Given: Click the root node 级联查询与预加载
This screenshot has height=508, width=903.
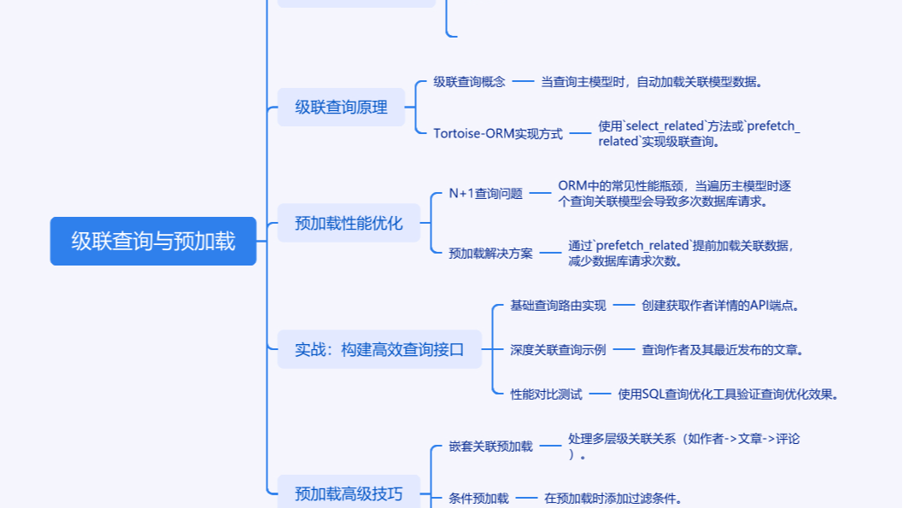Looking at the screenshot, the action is click(153, 242).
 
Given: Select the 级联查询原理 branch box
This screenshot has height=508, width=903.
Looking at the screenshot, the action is click(341, 108).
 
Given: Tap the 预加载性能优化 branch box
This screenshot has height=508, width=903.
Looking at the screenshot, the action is click(349, 223).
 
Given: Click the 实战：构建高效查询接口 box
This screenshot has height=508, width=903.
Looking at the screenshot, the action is click(379, 349).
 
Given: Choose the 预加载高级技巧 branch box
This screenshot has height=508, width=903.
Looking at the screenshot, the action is click(348, 493).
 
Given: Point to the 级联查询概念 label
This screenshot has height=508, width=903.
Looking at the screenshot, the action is click(469, 82).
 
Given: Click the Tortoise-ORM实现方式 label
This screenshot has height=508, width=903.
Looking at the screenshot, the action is click(498, 133).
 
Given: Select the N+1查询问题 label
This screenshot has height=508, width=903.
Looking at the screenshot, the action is click(485, 193).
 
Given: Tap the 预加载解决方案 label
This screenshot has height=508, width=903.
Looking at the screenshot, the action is click(490, 253).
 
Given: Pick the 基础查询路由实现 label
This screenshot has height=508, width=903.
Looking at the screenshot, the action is click(558, 305).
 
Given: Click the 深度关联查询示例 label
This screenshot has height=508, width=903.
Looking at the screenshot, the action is click(558, 349).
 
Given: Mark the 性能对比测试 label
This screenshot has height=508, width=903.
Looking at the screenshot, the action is click(546, 394).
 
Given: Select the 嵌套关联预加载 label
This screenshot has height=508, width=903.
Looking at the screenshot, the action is click(490, 446).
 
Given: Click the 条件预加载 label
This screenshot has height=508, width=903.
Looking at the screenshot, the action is click(478, 498).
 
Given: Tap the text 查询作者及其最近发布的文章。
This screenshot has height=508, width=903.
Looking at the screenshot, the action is click(723, 349).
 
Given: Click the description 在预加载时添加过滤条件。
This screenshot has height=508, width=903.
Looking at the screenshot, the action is click(613, 498).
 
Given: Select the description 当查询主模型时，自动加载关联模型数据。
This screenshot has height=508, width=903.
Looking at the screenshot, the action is click(651, 82).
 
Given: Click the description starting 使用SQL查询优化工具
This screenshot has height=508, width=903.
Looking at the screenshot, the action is click(728, 394).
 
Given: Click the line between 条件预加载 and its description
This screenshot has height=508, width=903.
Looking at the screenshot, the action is click(526, 498).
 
